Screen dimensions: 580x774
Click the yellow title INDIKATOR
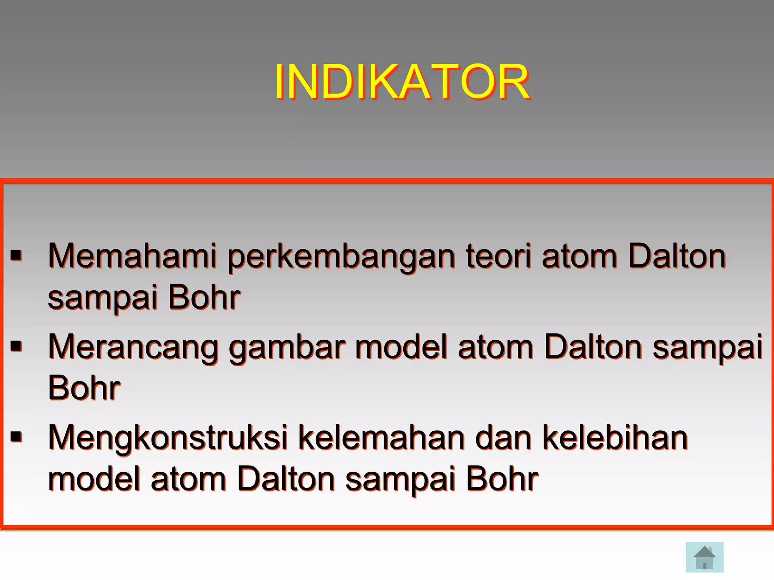pos(402,82)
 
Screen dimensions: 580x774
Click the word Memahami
pos(132,256)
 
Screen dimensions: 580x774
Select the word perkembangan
pos(341,257)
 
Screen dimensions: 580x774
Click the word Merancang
pos(133,347)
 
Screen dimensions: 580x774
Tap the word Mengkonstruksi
pos(168,438)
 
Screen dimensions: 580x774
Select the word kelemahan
pos(381,438)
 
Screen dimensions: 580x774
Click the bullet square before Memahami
pos(16,255)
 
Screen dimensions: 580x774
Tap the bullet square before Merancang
pos(16,346)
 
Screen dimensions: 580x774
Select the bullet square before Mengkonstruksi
pos(16,437)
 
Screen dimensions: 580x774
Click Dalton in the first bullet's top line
pos(677,256)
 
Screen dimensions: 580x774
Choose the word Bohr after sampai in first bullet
pos(204,298)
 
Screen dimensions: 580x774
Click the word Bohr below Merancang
pos(84,388)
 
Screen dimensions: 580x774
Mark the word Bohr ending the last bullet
pos(502,479)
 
